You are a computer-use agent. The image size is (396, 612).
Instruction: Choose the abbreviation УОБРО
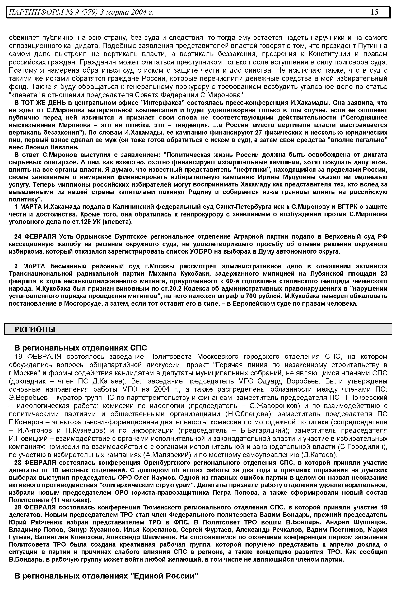(x=201, y=251)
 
